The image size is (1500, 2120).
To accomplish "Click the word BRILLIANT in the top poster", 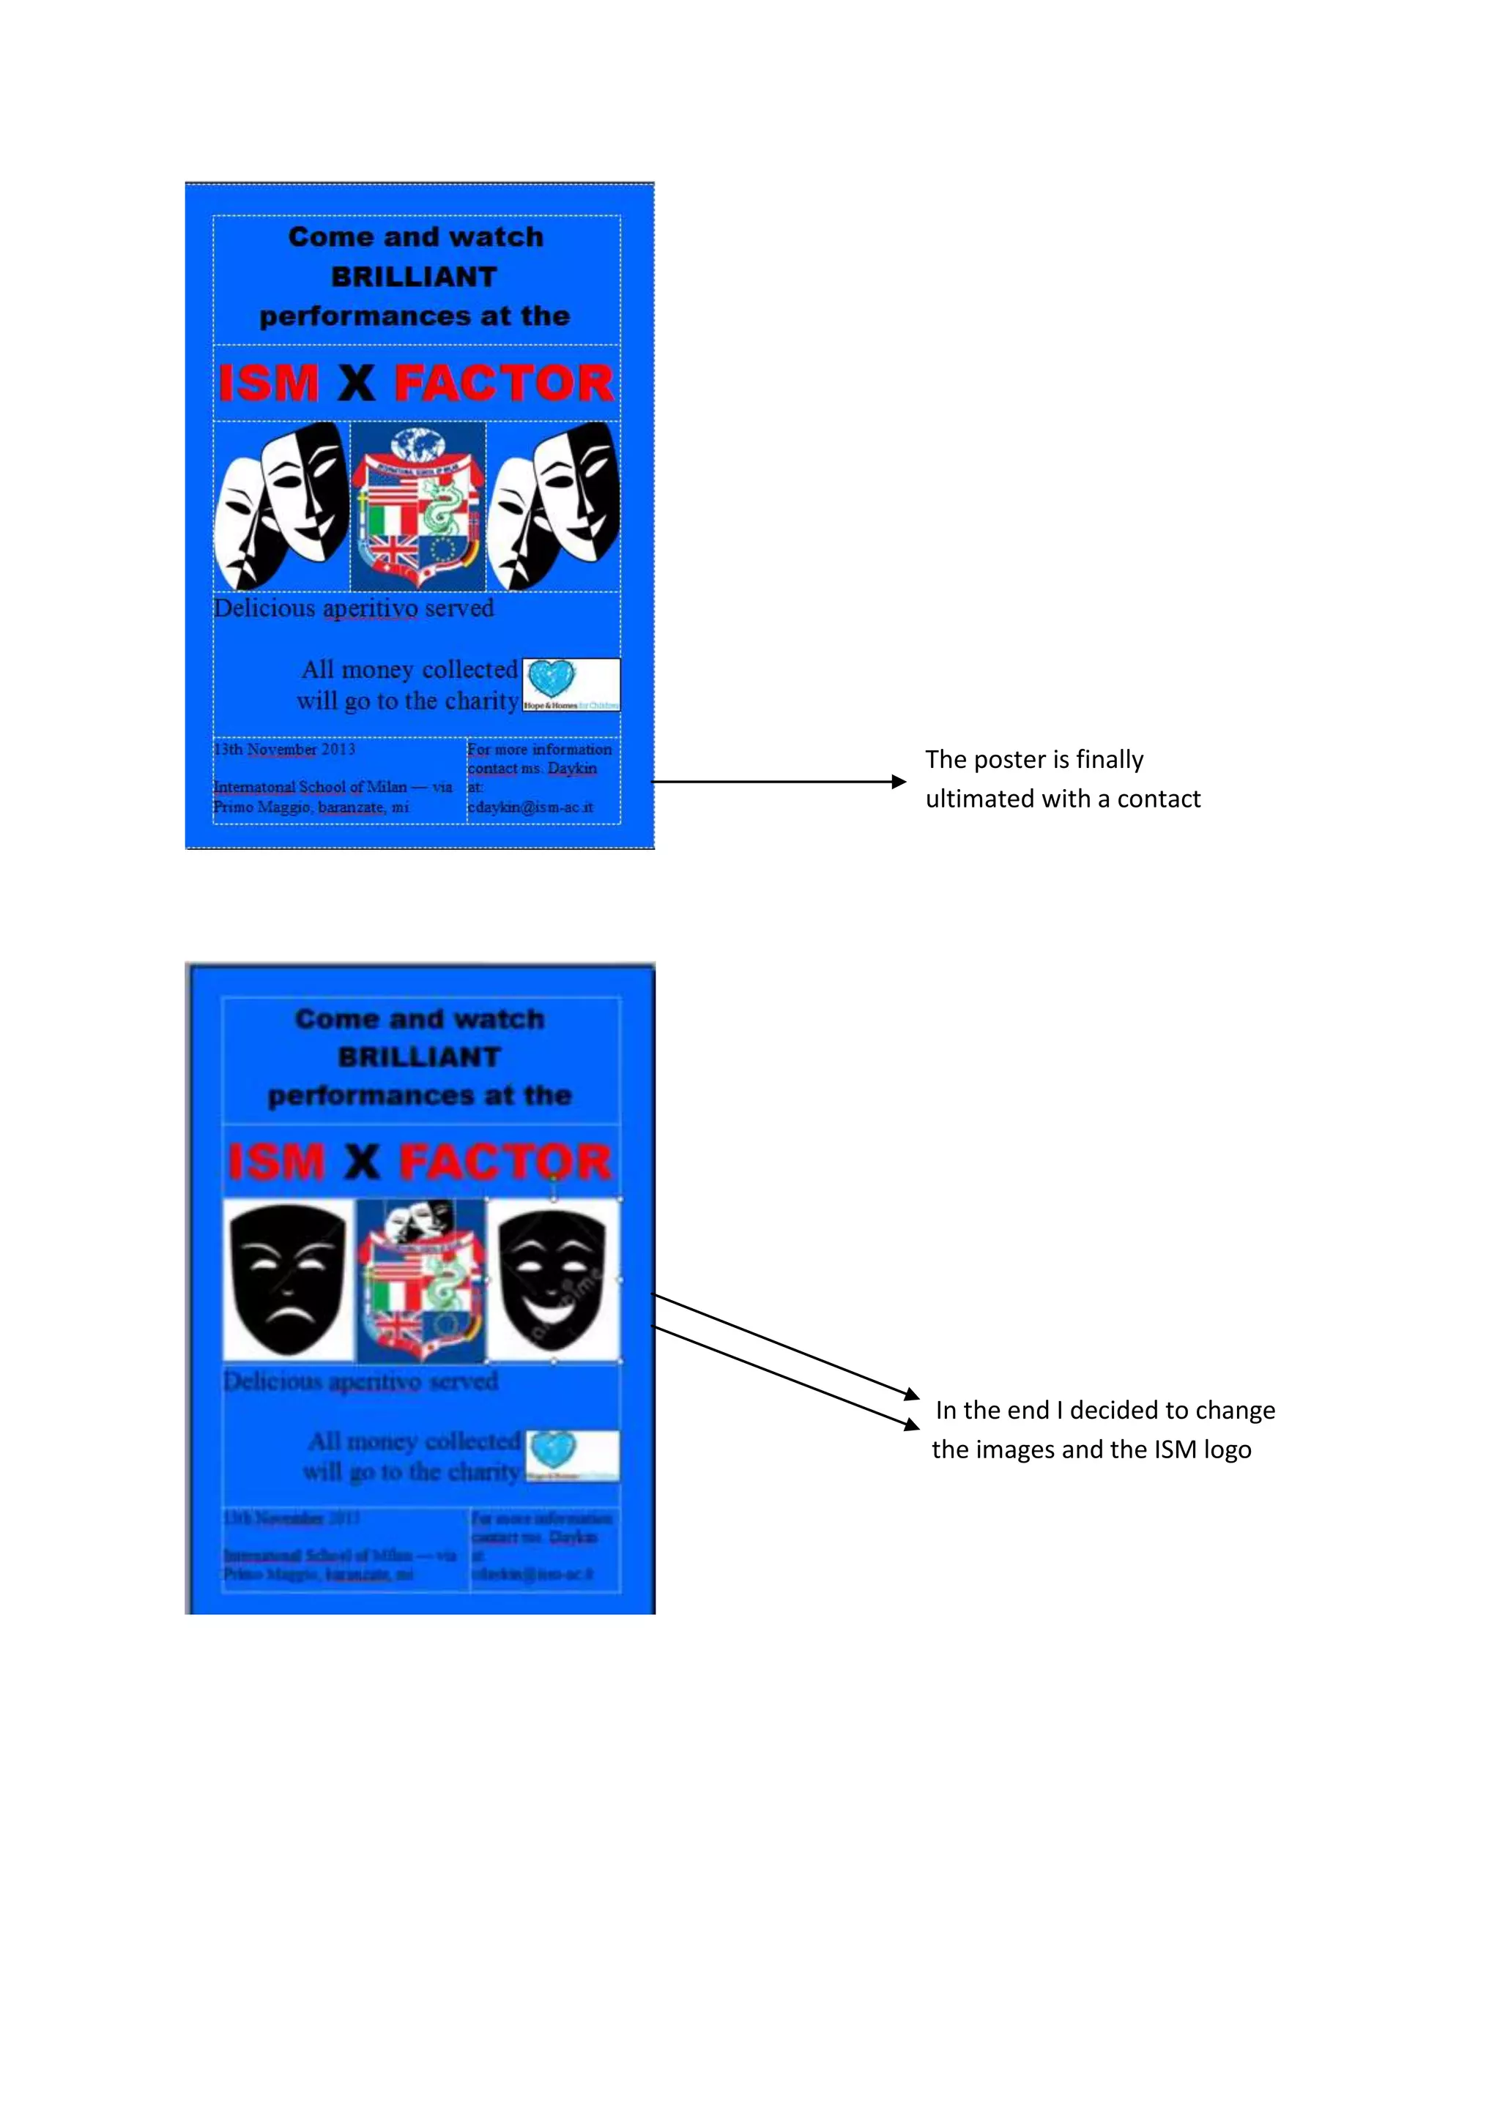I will (x=414, y=277).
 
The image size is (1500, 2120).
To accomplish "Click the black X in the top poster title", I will (x=357, y=383).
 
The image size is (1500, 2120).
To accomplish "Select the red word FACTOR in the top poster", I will (x=503, y=383).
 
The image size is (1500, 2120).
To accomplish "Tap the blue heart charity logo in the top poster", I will (x=552, y=679).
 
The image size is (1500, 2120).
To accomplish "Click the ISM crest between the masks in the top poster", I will (x=418, y=507).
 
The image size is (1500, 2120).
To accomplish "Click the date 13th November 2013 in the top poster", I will (x=284, y=749).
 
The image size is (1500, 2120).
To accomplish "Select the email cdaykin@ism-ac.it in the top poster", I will (x=530, y=807).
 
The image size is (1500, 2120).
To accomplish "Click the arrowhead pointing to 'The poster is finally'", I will (x=899, y=782).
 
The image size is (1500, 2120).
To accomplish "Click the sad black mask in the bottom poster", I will (x=288, y=1279).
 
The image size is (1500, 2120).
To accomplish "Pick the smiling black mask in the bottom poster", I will (x=552, y=1279).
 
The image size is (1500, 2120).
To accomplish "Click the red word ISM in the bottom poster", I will (x=276, y=1162).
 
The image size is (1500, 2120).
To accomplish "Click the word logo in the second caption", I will (x=1228, y=1449).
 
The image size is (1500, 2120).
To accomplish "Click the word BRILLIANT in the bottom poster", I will (x=420, y=1057).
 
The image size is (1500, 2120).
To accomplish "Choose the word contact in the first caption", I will (x=1158, y=799).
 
